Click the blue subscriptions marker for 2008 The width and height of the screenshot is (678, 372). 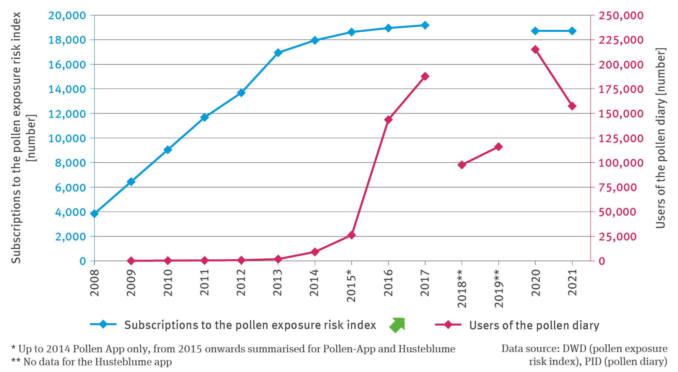[94, 213]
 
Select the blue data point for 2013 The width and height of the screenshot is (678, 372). [278, 53]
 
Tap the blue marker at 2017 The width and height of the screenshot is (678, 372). [425, 25]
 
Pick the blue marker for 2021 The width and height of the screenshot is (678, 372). [572, 31]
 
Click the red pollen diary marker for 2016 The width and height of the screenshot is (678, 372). [388, 120]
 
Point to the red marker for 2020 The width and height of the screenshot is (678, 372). [535, 49]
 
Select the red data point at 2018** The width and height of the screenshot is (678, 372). [462, 165]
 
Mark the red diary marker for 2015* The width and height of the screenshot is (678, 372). [352, 235]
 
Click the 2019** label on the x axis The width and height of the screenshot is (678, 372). [499, 289]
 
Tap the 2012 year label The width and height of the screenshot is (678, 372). [241, 283]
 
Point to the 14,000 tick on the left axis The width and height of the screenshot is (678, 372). [67, 89]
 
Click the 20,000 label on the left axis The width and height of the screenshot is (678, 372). [67, 16]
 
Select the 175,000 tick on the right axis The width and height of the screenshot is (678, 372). [616, 89]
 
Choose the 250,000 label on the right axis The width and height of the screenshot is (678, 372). [616, 16]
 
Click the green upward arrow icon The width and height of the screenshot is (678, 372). [397, 325]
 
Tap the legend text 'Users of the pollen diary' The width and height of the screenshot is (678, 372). [534, 325]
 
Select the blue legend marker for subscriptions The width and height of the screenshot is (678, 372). [103, 325]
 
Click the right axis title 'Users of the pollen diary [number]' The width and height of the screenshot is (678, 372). [661, 138]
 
